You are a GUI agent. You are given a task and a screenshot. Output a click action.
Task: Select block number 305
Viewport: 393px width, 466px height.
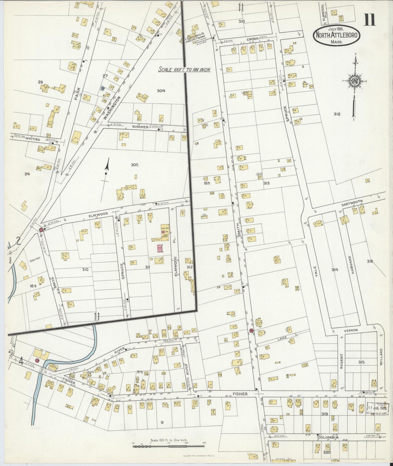134,165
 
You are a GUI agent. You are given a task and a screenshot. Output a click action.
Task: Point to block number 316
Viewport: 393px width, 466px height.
370,261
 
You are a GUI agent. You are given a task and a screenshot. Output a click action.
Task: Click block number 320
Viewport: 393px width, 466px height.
327,452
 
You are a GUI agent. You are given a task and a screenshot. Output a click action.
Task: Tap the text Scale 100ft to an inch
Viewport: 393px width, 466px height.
184,70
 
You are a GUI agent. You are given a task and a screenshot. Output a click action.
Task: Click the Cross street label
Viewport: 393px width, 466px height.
252,39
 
